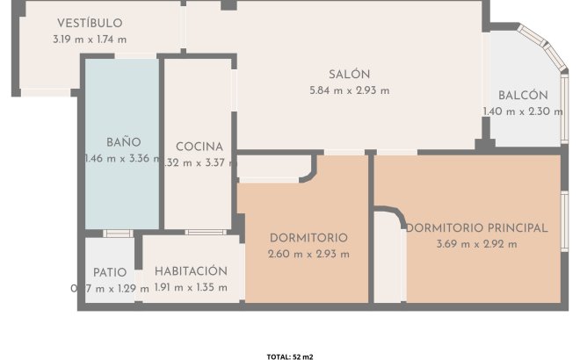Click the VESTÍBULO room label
tap(90, 23)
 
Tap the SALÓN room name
tap(350, 75)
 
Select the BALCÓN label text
tap(523, 96)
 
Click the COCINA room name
tap(199, 147)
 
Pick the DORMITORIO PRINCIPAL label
tap(476, 227)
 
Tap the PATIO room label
tap(110, 272)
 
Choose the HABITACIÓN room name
tap(191, 271)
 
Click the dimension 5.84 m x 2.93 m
tap(350, 90)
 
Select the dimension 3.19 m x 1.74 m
tap(90, 39)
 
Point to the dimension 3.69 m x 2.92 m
tap(476, 243)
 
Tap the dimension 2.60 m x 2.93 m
tap(308, 254)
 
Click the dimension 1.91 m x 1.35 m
tap(191, 287)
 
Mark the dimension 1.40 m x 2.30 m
tap(523, 112)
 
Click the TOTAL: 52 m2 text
tap(290, 356)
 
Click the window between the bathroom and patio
tap(118, 234)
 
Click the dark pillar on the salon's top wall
tap(228, 5)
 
